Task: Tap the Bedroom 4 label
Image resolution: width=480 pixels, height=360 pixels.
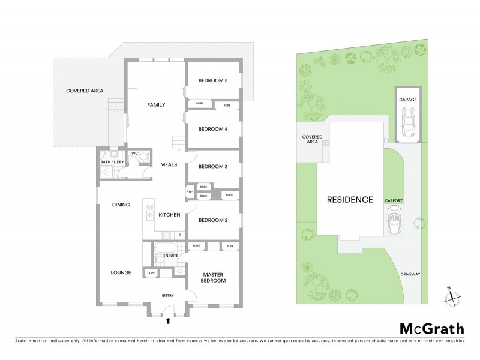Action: click(x=213, y=129)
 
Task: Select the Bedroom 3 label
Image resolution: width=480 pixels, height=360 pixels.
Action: click(x=213, y=166)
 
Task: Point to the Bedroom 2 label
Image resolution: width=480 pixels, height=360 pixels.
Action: click(x=213, y=220)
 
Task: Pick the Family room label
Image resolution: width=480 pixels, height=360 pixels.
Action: click(x=156, y=105)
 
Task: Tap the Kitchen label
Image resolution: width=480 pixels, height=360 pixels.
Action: click(x=169, y=214)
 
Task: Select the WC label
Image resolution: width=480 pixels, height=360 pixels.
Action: click(x=134, y=152)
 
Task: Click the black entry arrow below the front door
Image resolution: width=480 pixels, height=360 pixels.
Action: click(x=168, y=322)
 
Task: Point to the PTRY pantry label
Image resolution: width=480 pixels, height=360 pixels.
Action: click(x=190, y=192)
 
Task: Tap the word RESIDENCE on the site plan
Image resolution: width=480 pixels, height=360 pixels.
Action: click(x=350, y=199)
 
